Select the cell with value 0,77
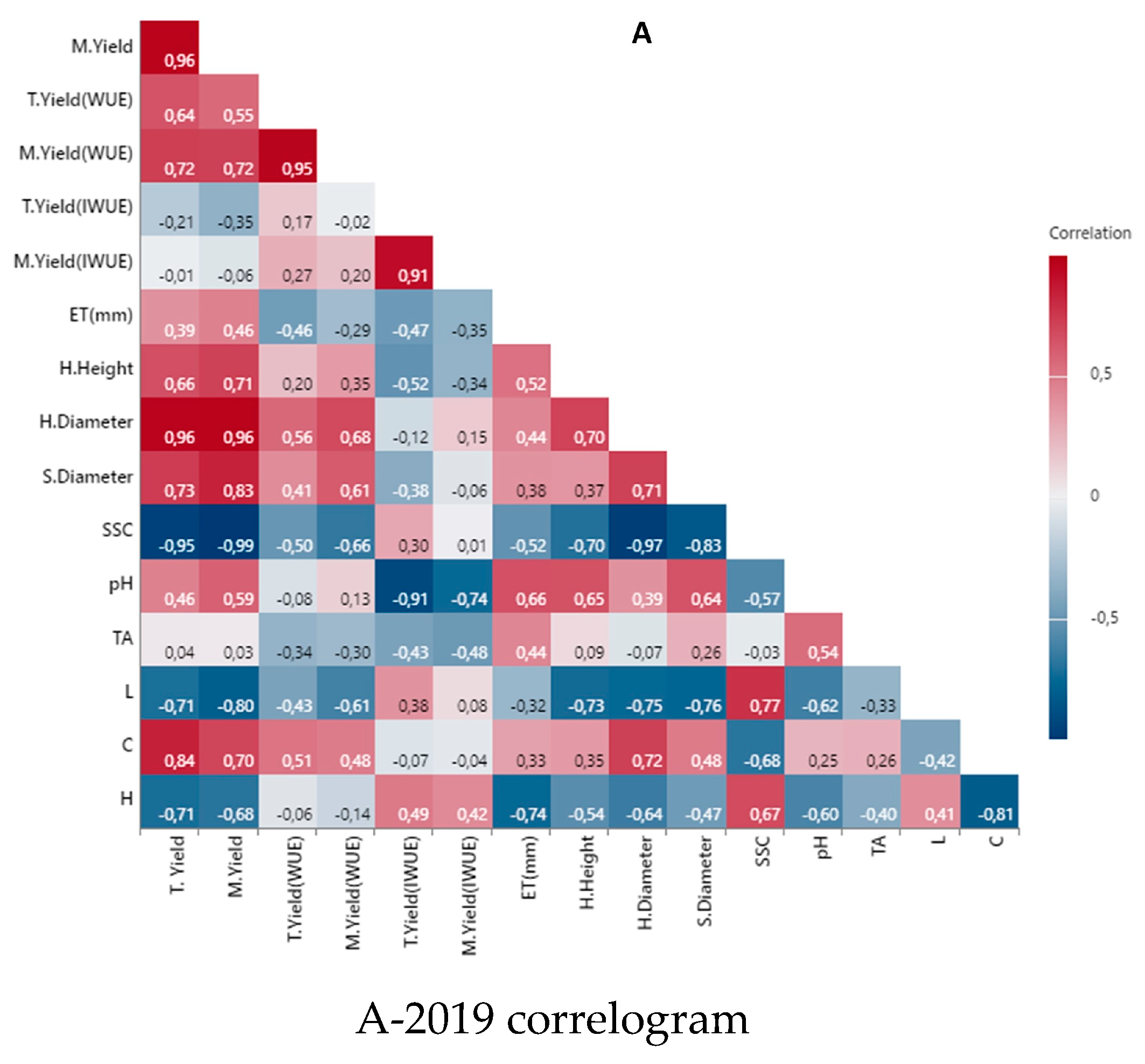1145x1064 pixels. (x=755, y=692)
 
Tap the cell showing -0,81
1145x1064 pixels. (x=989, y=801)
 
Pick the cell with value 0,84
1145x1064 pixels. (x=169, y=747)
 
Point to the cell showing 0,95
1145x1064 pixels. (x=288, y=156)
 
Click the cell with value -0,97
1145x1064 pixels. (x=638, y=531)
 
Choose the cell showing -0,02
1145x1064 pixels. (x=346, y=208)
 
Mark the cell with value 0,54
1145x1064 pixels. (x=813, y=639)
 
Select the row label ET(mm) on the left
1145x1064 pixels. (x=101, y=315)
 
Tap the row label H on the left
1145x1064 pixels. (x=126, y=799)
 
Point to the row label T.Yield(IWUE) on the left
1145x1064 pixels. (x=77, y=206)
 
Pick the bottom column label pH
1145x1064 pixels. (x=821, y=847)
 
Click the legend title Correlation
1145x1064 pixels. (x=1089, y=233)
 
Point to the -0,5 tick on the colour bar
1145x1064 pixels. (x=1104, y=618)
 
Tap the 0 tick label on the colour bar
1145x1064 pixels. (x=1094, y=495)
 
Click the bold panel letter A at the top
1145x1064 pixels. (x=641, y=33)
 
